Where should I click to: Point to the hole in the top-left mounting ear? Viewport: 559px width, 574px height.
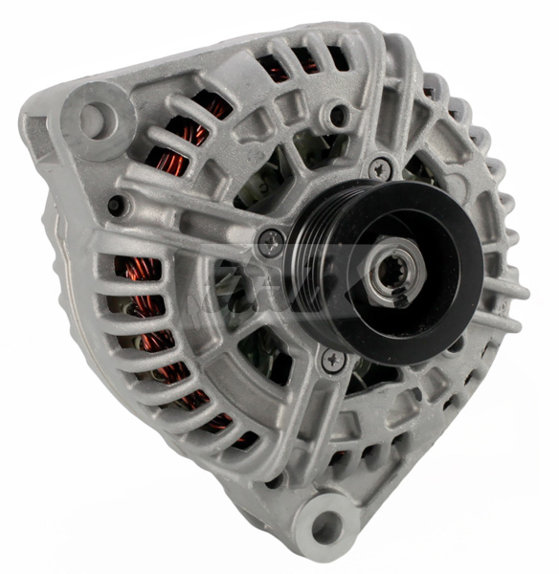(92, 121)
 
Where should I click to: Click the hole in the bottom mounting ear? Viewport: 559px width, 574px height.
(327, 524)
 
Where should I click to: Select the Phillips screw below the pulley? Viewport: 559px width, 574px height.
(333, 359)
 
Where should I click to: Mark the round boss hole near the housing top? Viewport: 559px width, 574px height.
(335, 117)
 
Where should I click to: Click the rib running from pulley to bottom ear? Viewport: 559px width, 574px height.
(321, 430)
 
